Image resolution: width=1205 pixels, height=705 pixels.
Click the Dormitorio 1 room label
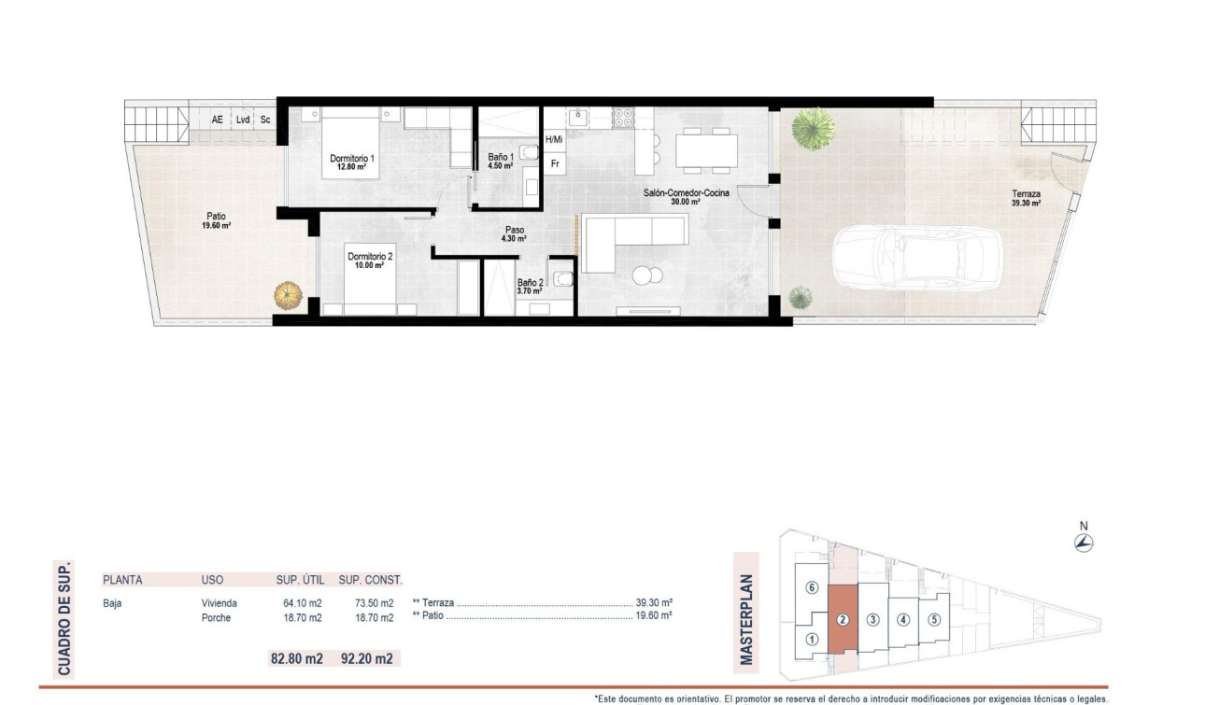click(x=352, y=159)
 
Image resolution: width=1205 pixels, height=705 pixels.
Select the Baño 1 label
click(x=501, y=157)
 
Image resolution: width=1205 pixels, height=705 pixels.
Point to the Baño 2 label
click(x=530, y=283)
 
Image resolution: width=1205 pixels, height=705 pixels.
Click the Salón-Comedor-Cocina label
click(x=686, y=193)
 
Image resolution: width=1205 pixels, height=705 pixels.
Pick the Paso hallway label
click(x=515, y=229)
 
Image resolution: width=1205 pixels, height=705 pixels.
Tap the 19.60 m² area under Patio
click(x=218, y=226)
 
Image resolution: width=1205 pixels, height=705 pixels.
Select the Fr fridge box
click(x=555, y=164)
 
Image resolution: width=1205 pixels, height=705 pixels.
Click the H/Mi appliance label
click(x=554, y=140)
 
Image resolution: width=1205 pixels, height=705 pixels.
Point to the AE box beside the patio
click(x=218, y=120)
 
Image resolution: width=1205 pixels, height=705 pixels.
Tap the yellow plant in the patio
click(x=288, y=296)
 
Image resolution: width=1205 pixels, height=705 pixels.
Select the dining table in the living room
click(x=706, y=149)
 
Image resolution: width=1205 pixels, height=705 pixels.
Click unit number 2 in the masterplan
click(x=842, y=619)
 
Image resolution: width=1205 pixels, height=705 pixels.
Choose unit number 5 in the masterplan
click(x=933, y=618)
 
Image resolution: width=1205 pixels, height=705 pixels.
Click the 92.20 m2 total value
click(x=365, y=658)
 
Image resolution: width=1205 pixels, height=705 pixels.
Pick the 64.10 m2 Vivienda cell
click(x=302, y=603)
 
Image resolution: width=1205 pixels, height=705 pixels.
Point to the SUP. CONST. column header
click(x=370, y=580)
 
